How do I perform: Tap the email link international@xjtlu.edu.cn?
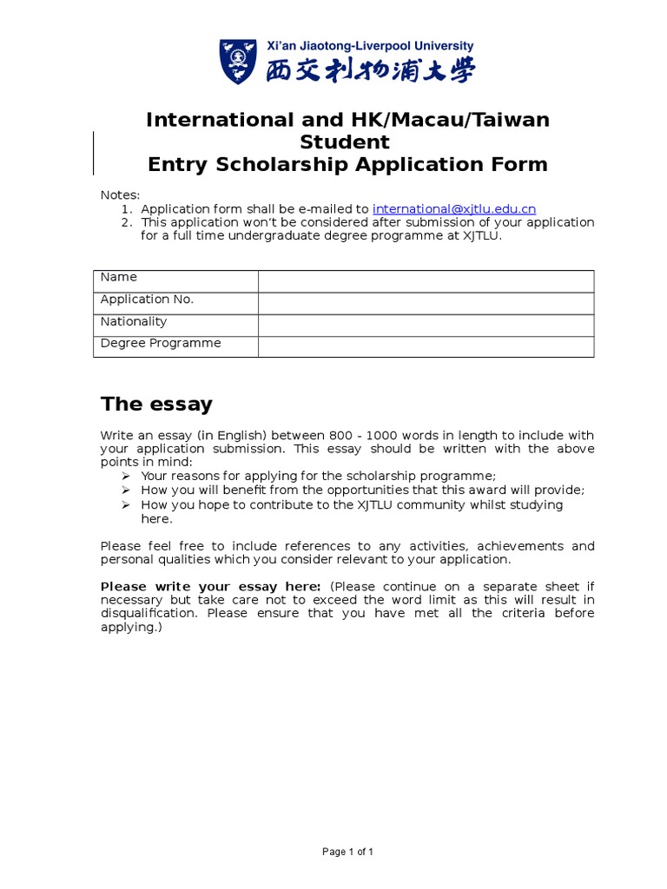454,209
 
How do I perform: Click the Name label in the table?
119,277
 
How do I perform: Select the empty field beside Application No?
426,303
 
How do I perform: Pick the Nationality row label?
133,321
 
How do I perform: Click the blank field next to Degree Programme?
426,346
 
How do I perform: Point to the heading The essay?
156,404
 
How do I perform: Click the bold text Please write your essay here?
211,586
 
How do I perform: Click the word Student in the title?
345,142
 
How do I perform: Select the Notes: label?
120,195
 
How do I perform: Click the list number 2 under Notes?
126,222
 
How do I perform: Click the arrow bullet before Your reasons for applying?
126,476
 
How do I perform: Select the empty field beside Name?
426,281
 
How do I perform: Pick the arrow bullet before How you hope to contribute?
126,504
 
